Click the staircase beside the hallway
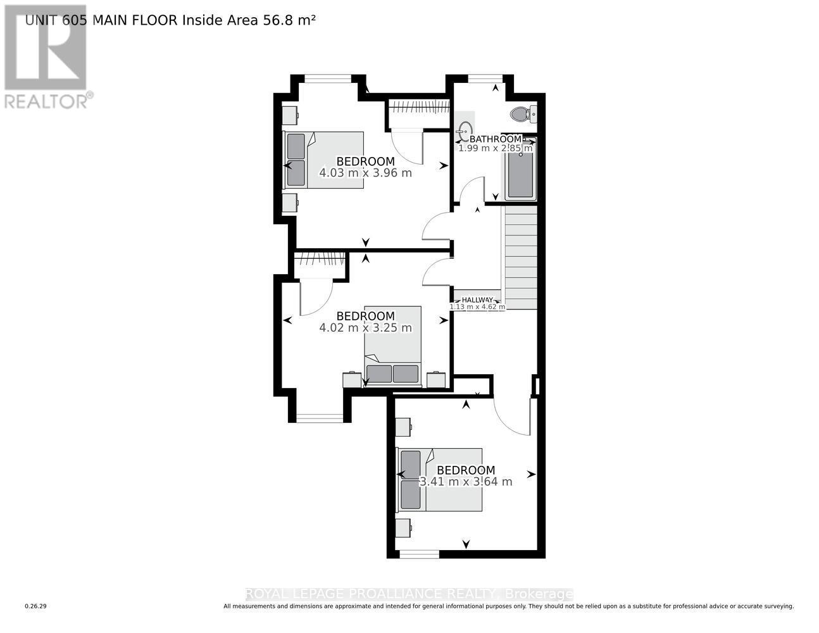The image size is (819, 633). pos(520,256)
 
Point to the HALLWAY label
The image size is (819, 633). pos(477,300)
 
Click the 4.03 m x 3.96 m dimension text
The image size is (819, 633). pos(366,173)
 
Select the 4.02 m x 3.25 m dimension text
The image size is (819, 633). pos(366,328)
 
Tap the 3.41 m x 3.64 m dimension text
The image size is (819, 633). pos(466,482)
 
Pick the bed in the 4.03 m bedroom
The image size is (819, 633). pos(324,160)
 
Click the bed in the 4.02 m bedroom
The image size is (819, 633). pos(392,346)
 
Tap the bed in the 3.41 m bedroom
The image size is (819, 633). pos(439,479)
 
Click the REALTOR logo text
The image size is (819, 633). pos(47,101)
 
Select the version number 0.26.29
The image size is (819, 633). pos(36,606)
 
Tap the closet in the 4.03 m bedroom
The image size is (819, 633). pos(418,108)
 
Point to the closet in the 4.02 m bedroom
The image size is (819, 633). pos(320,260)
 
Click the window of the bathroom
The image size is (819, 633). pos(485,78)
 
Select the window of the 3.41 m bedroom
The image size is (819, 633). pos(419,554)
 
